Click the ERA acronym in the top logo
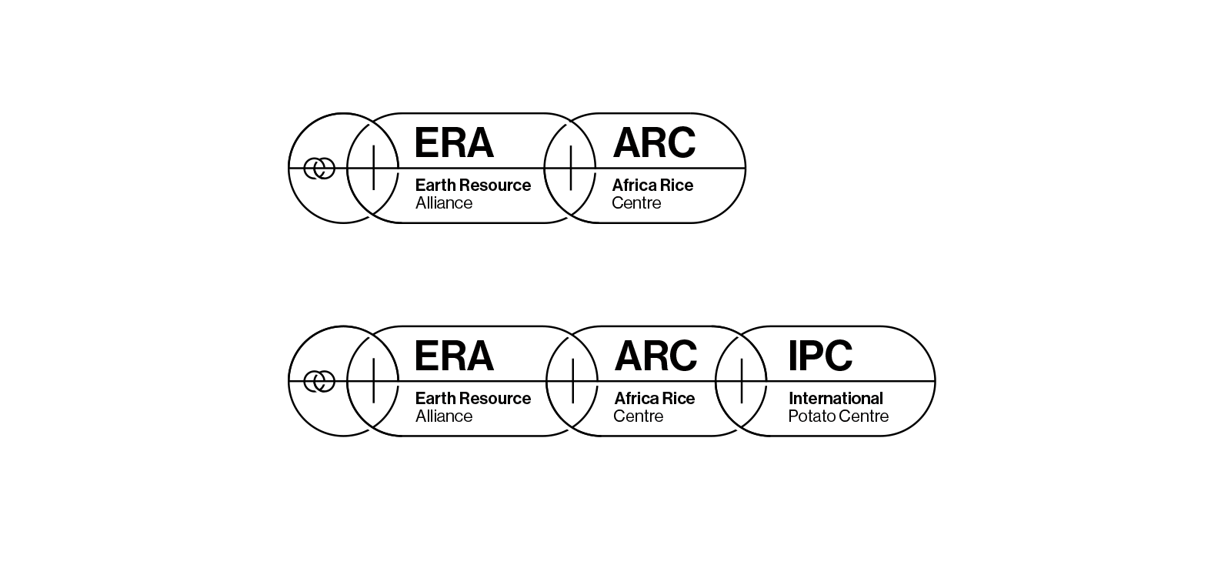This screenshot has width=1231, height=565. [x=453, y=143]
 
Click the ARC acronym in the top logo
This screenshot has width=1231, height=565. [x=653, y=143]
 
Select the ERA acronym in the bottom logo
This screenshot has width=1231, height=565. [x=453, y=356]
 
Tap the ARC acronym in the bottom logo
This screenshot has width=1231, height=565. [x=656, y=356]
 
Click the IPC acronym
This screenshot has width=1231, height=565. [x=819, y=356]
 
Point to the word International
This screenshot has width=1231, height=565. [x=836, y=399]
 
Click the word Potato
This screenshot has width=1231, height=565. [x=812, y=416]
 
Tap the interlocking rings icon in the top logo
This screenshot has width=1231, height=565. [x=319, y=168]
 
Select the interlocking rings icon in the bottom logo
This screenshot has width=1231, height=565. [x=319, y=381]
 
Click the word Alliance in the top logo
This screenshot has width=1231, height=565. [x=444, y=203]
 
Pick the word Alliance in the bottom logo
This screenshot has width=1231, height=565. [x=444, y=416]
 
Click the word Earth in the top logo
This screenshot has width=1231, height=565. [x=435, y=186]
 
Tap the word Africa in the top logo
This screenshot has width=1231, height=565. [x=633, y=186]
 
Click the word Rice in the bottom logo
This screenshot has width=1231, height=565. [x=678, y=399]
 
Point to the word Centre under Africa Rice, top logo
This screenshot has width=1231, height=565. [x=636, y=203]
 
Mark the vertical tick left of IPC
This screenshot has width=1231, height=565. [x=742, y=381]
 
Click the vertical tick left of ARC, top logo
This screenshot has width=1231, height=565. [x=571, y=168]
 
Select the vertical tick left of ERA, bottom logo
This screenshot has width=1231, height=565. [x=373, y=381]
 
